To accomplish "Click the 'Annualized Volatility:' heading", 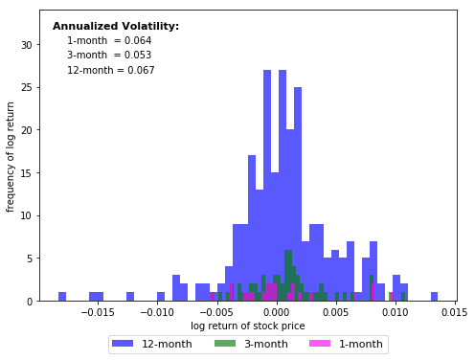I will (x=115, y=27).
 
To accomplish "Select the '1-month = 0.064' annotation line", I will (x=108, y=41).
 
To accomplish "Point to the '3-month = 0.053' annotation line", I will (x=108, y=56).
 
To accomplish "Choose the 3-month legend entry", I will (x=250, y=344).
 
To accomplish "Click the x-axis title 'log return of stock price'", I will (x=247, y=326).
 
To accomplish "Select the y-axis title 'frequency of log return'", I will (x=11, y=156).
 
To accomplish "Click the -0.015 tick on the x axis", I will (x=98, y=312).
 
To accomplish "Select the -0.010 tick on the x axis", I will (x=157, y=312).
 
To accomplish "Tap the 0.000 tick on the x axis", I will (x=276, y=312).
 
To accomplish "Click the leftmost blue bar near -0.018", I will (x=62, y=297).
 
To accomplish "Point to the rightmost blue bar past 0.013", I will (x=434, y=297).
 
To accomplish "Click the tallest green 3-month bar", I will (x=288, y=278).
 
